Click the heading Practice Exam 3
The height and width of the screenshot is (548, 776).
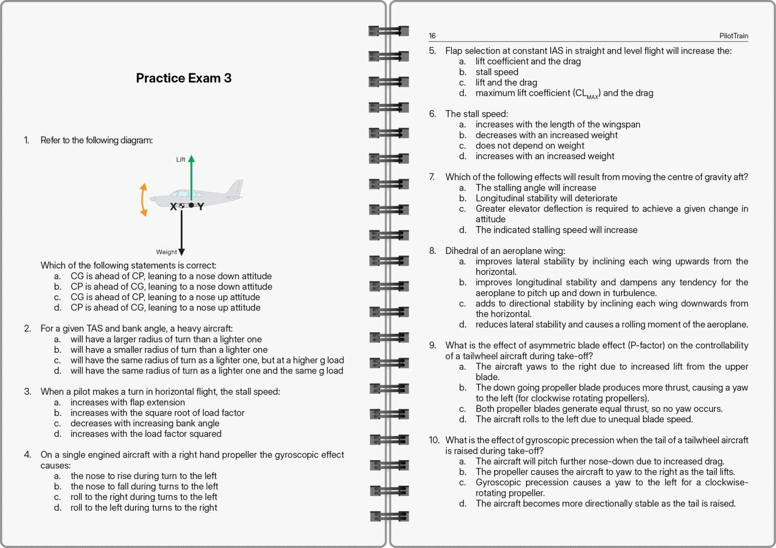click(183, 78)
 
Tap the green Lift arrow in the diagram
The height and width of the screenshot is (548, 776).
click(191, 177)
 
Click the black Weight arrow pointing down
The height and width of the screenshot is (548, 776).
click(181, 233)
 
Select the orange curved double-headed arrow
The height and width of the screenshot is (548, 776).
click(143, 200)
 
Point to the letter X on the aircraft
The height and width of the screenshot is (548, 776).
click(173, 206)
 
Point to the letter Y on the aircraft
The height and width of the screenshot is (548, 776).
click(201, 206)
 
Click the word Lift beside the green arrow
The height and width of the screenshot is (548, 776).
click(180, 159)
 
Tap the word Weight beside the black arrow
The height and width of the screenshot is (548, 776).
click(166, 252)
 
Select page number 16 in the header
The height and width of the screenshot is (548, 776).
click(432, 36)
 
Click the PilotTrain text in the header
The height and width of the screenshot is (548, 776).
click(734, 36)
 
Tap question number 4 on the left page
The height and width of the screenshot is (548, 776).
click(27, 454)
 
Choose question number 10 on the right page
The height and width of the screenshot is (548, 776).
click(434, 440)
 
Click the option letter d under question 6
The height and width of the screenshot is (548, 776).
click(462, 156)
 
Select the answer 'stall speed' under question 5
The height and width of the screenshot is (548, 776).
click(497, 72)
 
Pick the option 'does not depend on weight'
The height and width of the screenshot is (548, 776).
click(529, 146)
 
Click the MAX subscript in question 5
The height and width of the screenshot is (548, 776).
click(592, 97)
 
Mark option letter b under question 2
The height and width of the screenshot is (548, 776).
click(58, 350)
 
